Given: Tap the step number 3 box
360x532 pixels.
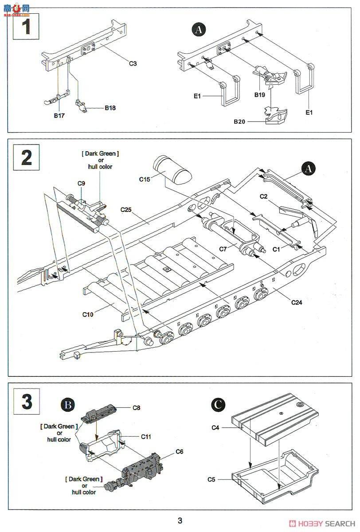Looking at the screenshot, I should click(x=26, y=401).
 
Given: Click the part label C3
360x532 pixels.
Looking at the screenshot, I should click(x=133, y=63).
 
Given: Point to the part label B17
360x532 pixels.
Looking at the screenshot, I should click(x=59, y=116).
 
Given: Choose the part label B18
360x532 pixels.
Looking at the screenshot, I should click(x=110, y=108).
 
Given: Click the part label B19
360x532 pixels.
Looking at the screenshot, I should click(x=259, y=95).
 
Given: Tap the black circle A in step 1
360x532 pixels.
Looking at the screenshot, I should click(x=199, y=30).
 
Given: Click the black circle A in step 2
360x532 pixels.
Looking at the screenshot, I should click(x=309, y=168).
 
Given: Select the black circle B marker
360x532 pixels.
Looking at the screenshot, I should click(x=68, y=404).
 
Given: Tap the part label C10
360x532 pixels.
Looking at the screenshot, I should click(x=88, y=314).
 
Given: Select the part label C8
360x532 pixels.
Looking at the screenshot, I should click(x=137, y=407).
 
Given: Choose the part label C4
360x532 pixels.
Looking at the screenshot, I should click(x=216, y=428).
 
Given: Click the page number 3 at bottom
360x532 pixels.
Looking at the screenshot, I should click(x=180, y=520).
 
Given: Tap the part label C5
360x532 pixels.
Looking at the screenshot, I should click(x=212, y=479).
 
